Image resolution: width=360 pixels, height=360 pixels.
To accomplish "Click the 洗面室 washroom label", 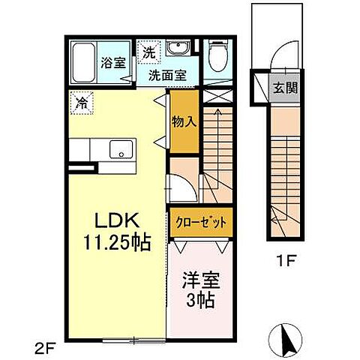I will tap(163, 75).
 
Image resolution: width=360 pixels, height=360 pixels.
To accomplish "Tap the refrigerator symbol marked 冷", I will tap(79, 102).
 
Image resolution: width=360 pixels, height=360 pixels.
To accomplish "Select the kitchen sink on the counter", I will tap(119, 150).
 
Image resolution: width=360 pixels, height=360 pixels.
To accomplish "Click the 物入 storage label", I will tap(184, 121).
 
